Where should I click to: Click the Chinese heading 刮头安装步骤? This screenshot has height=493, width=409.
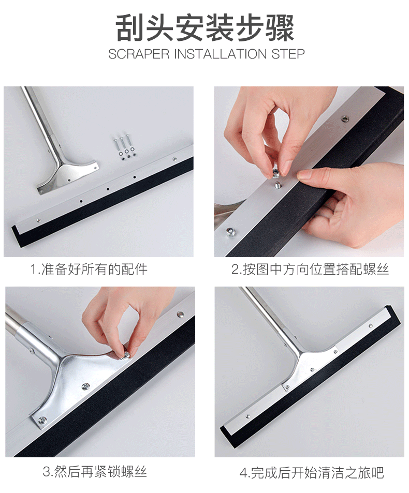[205, 28]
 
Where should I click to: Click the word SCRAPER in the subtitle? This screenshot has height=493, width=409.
[139, 54]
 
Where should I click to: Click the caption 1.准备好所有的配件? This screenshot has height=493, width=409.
[89, 270]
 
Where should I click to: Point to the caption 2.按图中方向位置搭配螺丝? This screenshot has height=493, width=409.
[310, 270]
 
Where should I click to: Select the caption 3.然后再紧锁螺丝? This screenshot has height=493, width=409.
[95, 472]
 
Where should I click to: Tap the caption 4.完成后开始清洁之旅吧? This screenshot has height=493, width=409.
[312, 472]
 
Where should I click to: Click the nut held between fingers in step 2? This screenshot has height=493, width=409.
[275, 172]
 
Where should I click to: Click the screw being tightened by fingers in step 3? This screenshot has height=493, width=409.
[126, 355]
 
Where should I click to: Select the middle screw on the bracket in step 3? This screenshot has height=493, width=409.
[85, 386]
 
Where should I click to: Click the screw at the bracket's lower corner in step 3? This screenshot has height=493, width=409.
[42, 420]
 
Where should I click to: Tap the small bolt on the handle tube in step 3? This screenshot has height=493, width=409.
[32, 349]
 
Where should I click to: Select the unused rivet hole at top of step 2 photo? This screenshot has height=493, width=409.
[345, 119]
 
